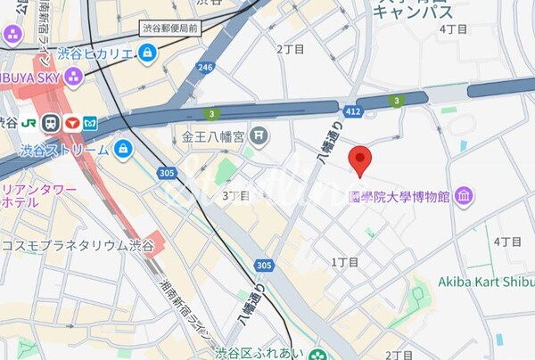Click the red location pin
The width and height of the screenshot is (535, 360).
[359, 160]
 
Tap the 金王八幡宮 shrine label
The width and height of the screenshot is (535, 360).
[213, 136]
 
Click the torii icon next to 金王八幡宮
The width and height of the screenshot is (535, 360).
[259, 136]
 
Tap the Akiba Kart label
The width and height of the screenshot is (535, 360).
[486, 282]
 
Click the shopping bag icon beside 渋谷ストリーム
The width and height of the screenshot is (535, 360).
[123, 148]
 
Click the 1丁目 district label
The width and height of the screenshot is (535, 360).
[344, 262]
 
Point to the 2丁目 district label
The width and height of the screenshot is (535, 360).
[291, 49]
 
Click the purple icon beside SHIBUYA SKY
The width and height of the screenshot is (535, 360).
[12, 35]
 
